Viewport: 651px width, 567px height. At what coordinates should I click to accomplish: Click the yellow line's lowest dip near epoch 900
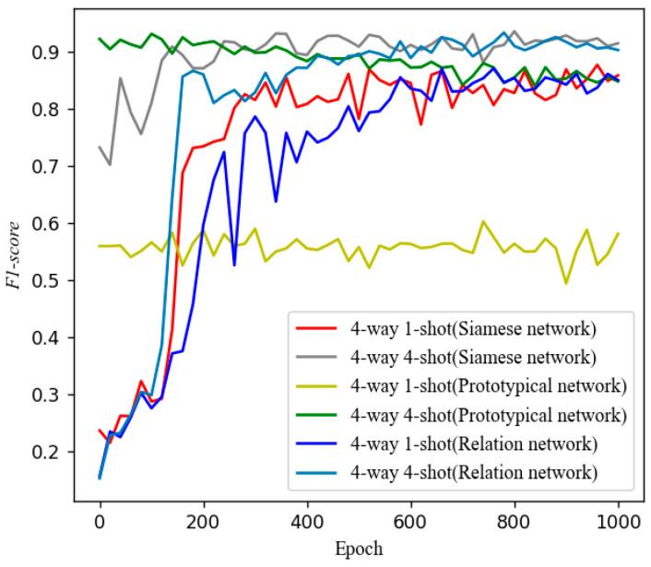click(x=566, y=283)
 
